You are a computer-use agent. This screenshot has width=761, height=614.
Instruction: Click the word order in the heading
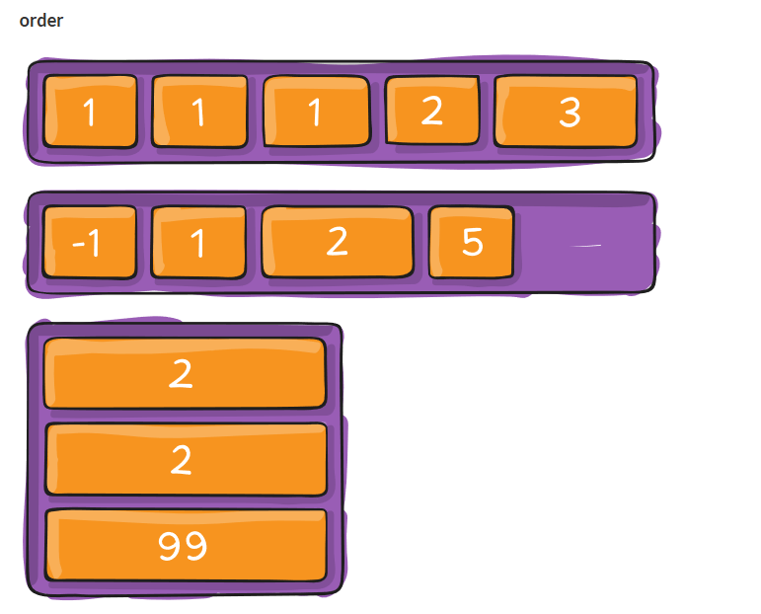(x=41, y=21)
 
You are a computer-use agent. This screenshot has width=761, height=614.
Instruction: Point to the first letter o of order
(x=25, y=22)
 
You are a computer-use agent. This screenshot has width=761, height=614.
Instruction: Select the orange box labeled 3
(x=566, y=112)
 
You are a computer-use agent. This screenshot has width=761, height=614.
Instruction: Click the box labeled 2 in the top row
(x=431, y=111)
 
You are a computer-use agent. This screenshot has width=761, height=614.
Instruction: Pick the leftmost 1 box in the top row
(x=90, y=113)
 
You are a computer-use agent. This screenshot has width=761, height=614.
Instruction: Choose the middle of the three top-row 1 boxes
(x=199, y=113)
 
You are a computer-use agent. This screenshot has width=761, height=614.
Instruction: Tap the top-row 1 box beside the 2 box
(x=316, y=113)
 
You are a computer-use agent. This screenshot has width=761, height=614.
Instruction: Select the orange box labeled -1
(x=89, y=242)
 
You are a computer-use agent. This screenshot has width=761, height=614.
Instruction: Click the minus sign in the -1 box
(x=77, y=244)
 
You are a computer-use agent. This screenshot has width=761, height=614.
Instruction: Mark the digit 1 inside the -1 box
(x=94, y=243)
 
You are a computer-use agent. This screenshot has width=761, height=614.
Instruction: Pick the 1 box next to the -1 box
(x=197, y=242)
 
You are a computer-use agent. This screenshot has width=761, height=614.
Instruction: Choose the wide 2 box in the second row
(x=337, y=242)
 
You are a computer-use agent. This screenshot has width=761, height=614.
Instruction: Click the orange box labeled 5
(x=472, y=242)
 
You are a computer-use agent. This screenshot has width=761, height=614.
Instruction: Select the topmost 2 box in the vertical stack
(x=186, y=373)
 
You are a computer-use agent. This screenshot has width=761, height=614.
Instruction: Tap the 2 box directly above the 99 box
(x=186, y=459)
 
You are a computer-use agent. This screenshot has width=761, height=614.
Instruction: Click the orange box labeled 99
(x=186, y=545)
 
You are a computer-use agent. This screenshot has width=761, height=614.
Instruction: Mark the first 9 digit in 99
(x=170, y=546)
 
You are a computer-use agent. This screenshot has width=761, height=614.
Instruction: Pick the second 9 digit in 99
(x=195, y=546)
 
